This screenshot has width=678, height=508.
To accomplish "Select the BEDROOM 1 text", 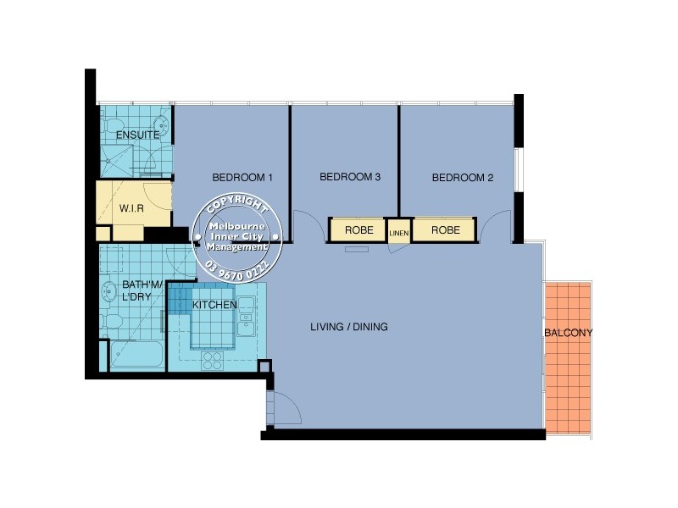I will point(242,178).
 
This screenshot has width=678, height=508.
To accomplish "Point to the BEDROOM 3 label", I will point(349,178).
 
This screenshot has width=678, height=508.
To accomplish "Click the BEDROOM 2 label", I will point(462,178).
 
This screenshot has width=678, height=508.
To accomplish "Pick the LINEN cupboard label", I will point(398,231).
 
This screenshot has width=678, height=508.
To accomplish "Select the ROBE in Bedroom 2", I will point(445,229).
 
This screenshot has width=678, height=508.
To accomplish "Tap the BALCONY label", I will point(568,333).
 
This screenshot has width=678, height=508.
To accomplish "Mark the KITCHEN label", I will point(214,305).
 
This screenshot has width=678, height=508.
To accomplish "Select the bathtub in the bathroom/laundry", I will point(136,356).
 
